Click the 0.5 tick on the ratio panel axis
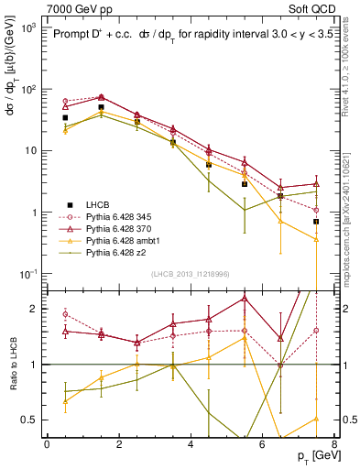29,420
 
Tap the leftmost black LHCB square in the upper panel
65,118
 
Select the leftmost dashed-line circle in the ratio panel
65,314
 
